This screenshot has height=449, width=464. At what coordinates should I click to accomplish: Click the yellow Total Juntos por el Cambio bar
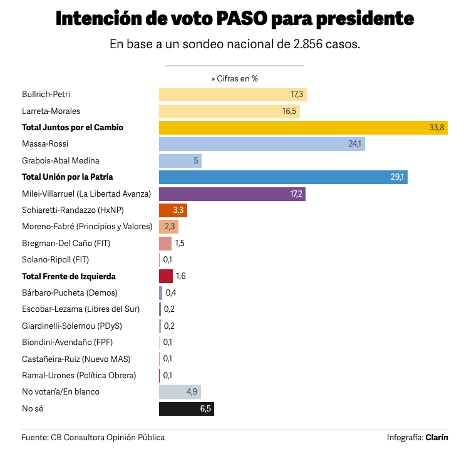point(303,128)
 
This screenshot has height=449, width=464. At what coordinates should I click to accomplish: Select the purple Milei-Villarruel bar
point(232,194)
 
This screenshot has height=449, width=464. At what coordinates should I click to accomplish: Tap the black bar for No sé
point(187,409)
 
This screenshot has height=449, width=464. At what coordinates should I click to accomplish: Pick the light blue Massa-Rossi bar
point(262,144)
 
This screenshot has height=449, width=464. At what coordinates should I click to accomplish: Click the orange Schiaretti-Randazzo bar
point(173,210)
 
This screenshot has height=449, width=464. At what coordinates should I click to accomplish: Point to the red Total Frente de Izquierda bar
point(166,276)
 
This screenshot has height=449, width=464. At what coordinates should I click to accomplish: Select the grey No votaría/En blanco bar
point(180,392)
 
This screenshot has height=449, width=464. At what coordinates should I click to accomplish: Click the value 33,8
point(436,128)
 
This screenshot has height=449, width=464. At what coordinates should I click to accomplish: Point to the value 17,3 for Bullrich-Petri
point(297,95)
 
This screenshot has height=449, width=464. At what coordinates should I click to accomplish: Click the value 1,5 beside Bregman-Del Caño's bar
point(180,243)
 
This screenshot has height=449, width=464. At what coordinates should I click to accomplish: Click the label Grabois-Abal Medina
point(61,160)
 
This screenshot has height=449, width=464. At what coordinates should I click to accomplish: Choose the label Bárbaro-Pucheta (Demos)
point(70,292)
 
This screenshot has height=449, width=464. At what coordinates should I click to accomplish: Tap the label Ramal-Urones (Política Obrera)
point(79,375)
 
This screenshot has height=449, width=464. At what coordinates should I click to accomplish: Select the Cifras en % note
point(235,79)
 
